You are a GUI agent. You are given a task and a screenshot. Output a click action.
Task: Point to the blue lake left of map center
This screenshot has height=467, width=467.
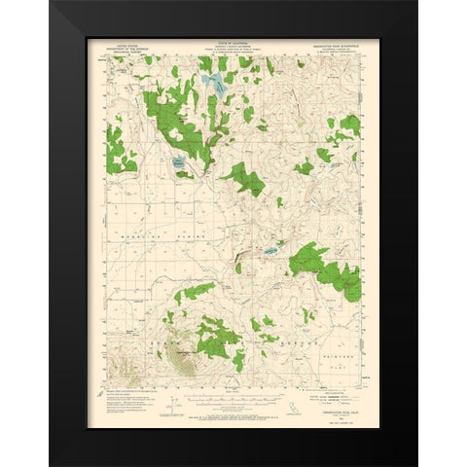click(x=179, y=163)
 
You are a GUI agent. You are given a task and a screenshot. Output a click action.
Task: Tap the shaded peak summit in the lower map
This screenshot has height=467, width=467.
click(x=184, y=365)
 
